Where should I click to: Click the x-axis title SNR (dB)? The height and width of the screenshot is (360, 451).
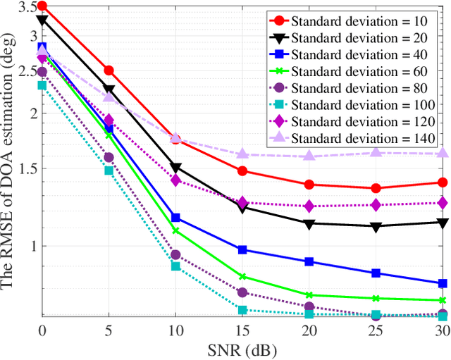coord(242,349)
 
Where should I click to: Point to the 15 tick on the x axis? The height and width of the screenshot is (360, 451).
coord(242,330)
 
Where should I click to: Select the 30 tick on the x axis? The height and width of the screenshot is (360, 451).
coord(443,330)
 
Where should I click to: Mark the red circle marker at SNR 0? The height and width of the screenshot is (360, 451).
coord(42,6)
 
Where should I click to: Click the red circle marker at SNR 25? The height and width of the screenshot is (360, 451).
coord(376,188)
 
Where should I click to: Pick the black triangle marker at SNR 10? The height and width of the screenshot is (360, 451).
coord(175,168)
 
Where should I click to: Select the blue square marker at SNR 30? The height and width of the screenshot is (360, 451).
coord(443,283)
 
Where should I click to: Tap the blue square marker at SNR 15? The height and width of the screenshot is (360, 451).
coord(242,249)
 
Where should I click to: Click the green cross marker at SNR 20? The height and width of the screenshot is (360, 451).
coord(309,295)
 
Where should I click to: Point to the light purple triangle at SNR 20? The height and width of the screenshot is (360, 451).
coord(309,156)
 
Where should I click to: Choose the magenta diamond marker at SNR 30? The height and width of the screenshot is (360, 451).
coord(443,203)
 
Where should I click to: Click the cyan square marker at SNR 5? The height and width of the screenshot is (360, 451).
coord(109,170)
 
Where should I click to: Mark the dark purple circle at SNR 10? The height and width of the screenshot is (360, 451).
coord(175,255)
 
